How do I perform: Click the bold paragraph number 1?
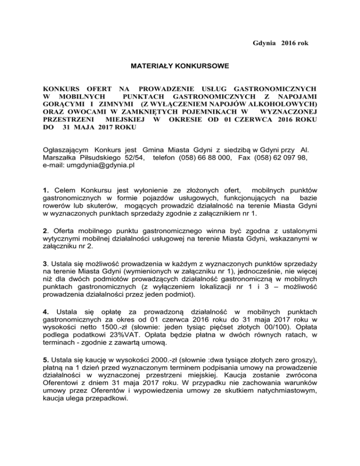45,190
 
